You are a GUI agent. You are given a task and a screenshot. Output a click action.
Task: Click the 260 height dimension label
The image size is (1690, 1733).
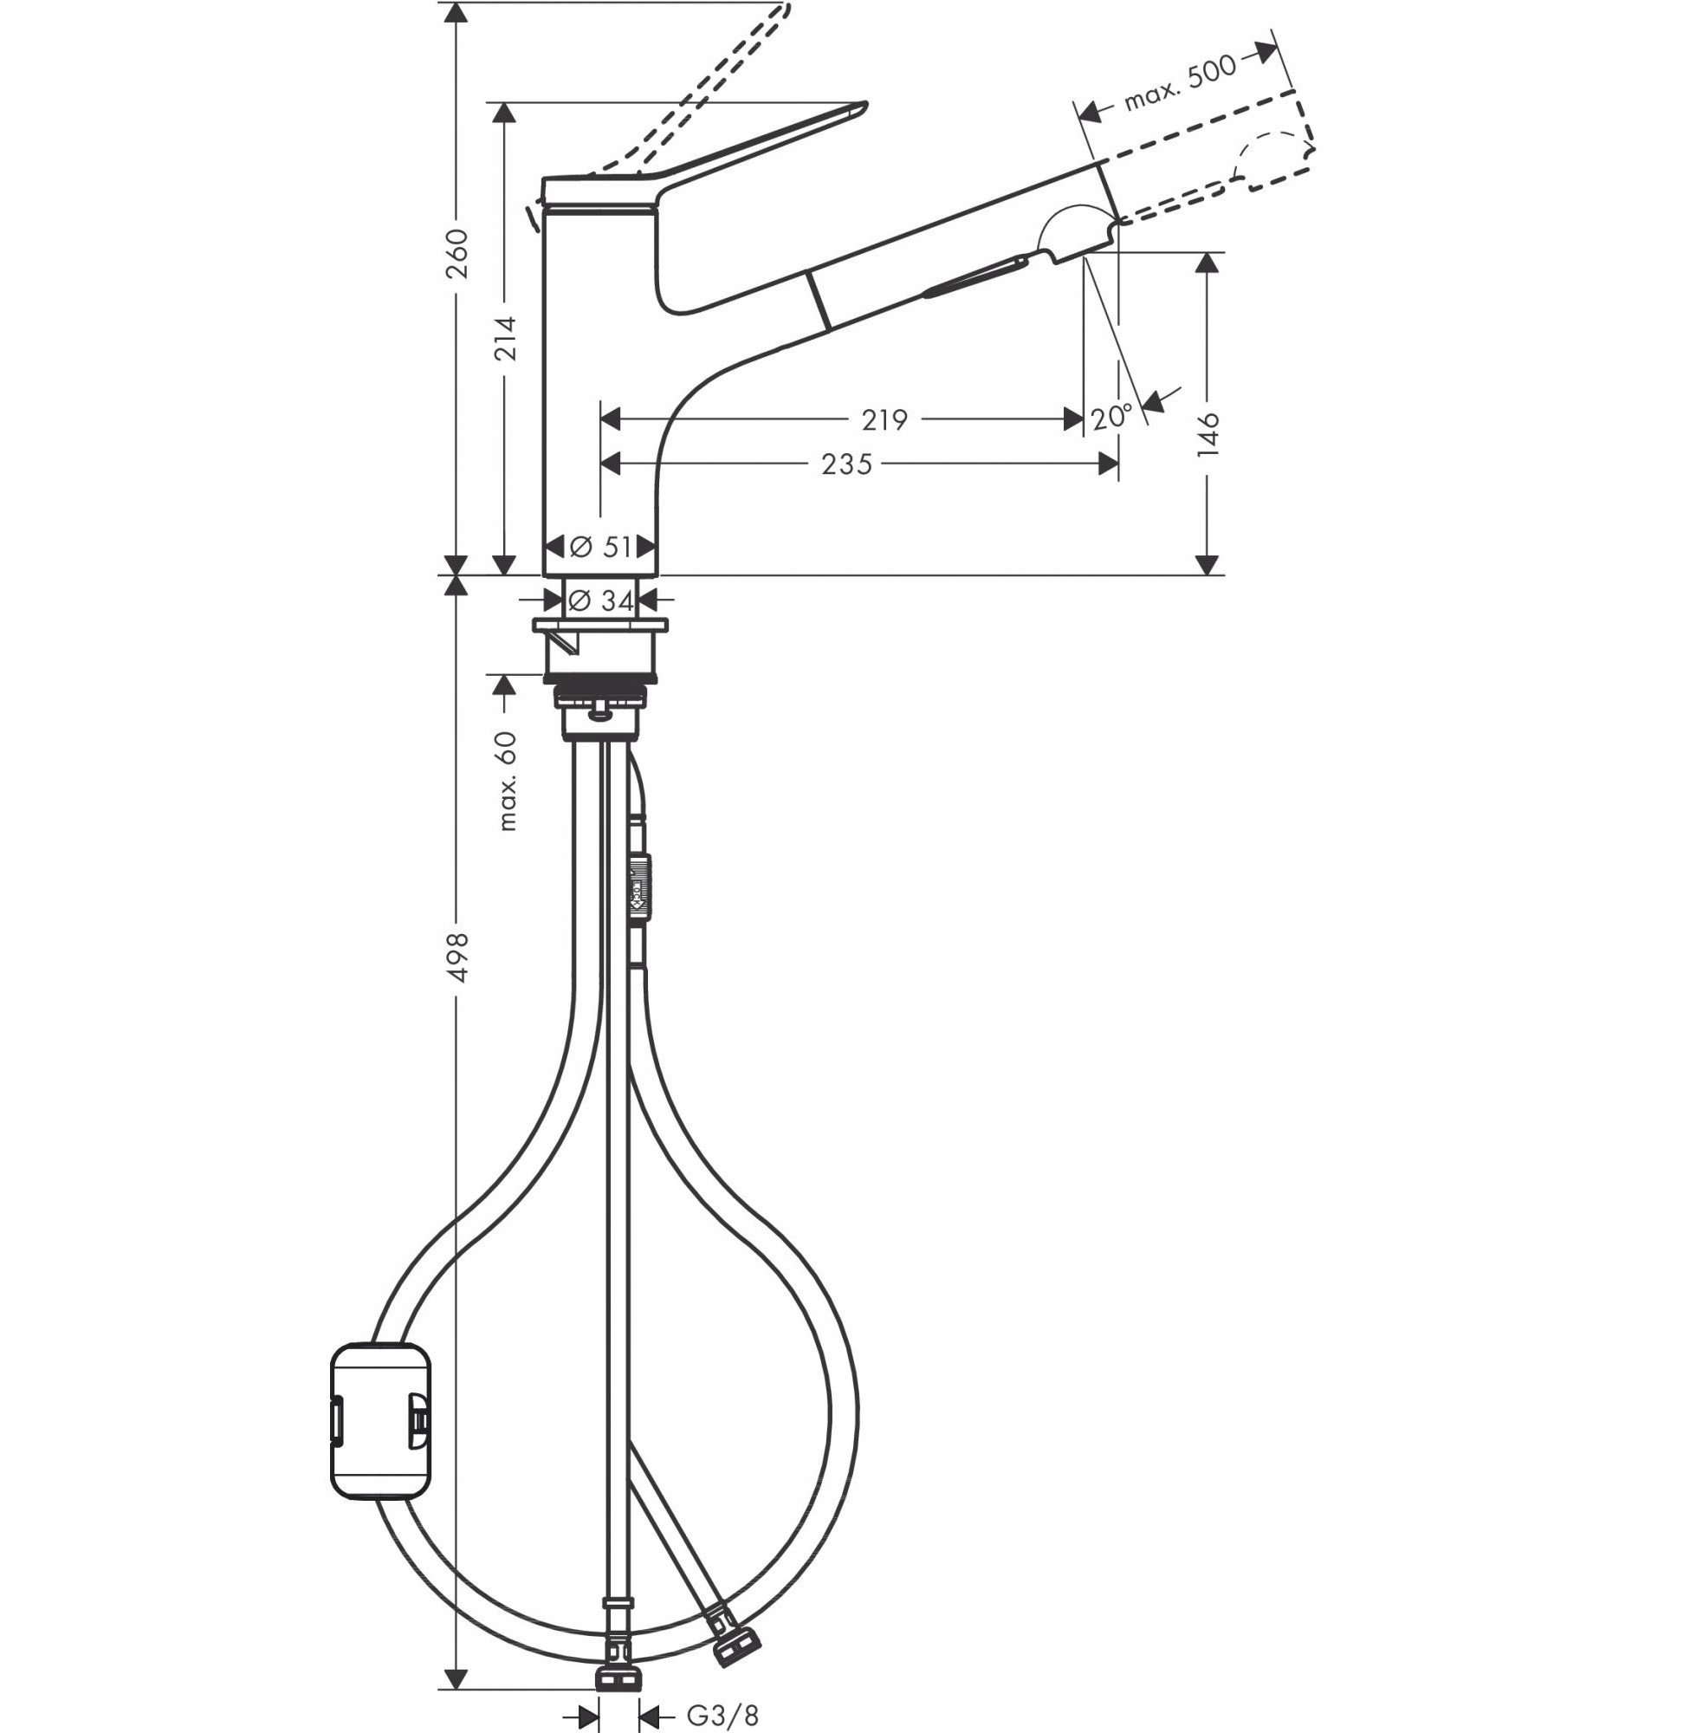point(457,253)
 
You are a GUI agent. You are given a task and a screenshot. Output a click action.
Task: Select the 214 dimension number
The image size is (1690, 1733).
point(506,337)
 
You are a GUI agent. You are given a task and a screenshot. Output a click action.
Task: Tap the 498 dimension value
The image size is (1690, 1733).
point(457,957)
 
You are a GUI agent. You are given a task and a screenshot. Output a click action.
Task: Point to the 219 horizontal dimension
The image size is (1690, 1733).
point(884,419)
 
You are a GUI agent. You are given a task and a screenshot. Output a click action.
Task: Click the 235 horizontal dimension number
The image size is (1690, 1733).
point(847,464)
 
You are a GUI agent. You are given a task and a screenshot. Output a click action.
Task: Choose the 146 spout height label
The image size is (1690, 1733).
point(1209,433)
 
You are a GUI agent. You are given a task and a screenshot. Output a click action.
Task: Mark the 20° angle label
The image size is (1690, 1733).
point(1112,416)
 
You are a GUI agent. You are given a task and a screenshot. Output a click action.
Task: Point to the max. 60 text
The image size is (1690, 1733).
point(507,780)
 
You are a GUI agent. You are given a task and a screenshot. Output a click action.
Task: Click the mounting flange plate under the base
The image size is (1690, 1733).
point(601,626)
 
